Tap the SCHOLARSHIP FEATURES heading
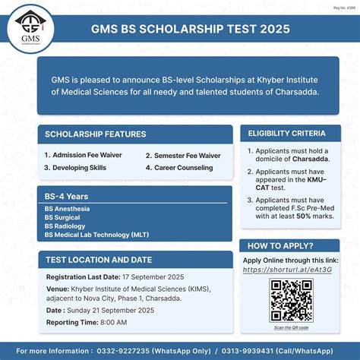pos(96,134)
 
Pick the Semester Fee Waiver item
pos(183,155)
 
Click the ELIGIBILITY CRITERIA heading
pos(287,134)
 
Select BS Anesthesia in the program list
pos(68,208)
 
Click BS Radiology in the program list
pos(65,226)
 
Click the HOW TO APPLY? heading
pos(280,246)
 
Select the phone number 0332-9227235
pos(124,350)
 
